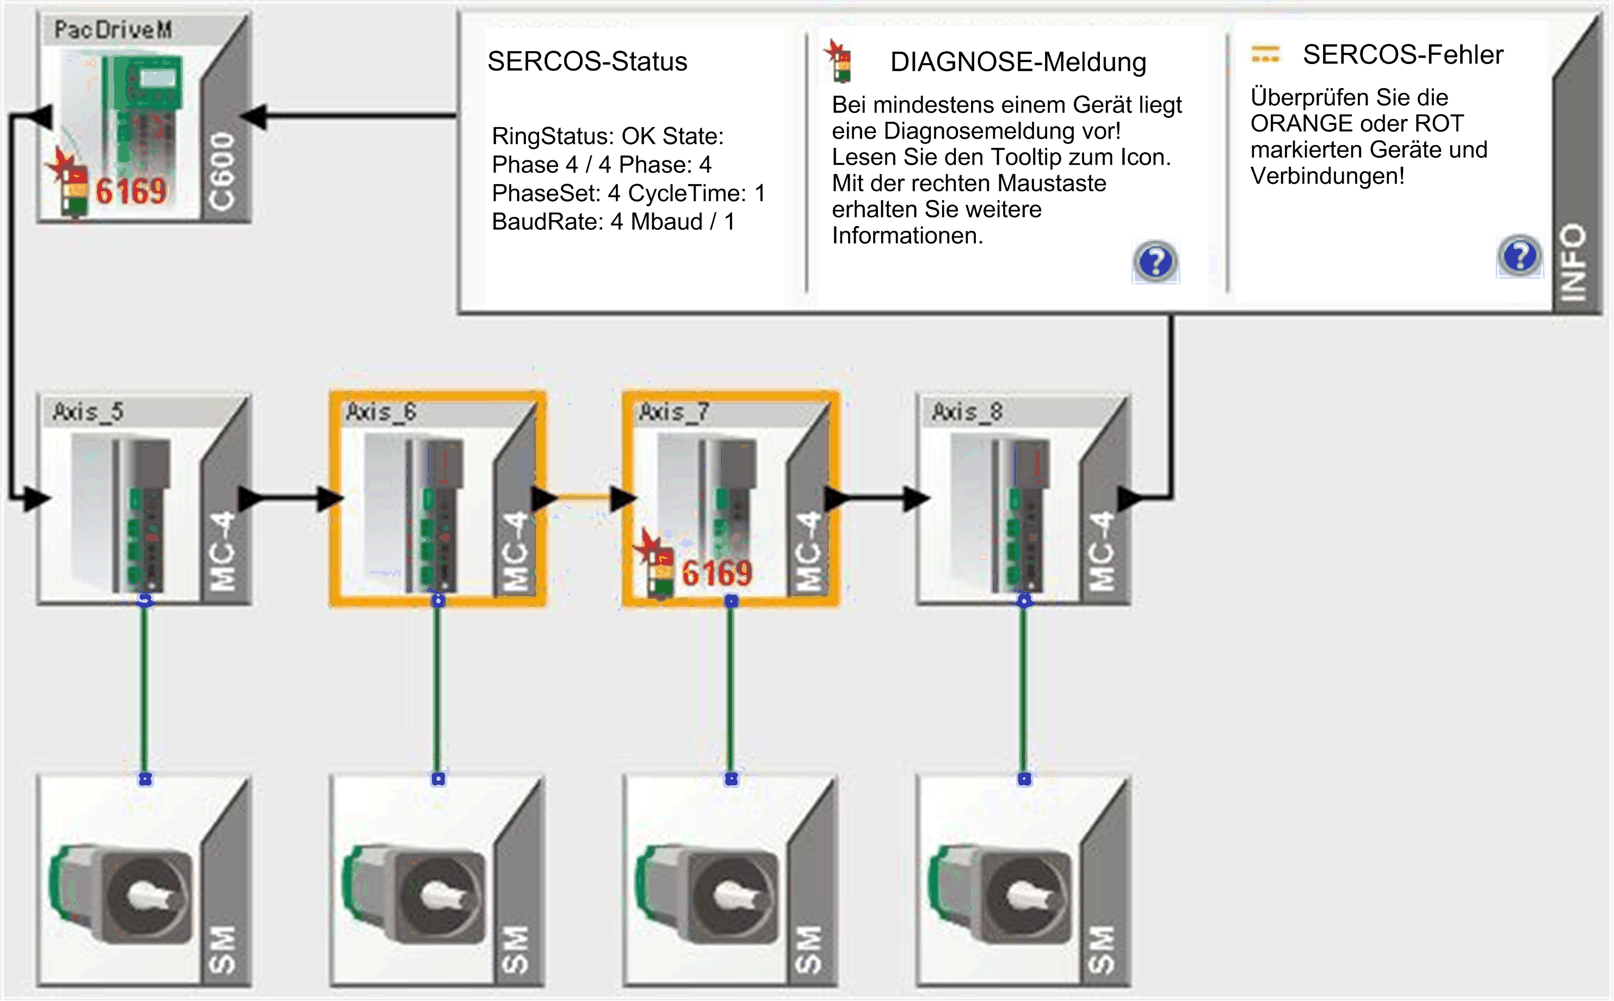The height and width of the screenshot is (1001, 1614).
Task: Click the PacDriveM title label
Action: (x=113, y=30)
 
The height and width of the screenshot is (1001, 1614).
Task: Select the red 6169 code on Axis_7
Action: (x=717, y=573)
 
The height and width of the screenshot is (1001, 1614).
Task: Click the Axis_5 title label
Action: (x=88, y=412)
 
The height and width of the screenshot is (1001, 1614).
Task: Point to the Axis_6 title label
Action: (x=381, y=412)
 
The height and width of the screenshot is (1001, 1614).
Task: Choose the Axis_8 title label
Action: (x=967, y=412)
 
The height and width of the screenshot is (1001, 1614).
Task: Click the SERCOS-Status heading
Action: (x=587, y=61)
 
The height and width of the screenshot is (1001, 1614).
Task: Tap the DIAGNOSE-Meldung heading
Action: (x=1018, y=62)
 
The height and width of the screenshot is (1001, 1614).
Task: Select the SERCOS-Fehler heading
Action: (x=1402, y=55)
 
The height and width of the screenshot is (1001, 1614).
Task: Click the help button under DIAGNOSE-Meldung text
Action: (x=1155, y=261)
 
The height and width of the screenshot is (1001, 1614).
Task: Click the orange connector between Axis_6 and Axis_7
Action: (x=584, y=497)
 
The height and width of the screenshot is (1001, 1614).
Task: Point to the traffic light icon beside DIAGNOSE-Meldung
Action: (x=839, y=61)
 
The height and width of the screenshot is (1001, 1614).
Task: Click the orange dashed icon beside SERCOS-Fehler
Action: (x=1265, y=54)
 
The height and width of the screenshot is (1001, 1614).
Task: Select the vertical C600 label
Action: (x=222, y=171)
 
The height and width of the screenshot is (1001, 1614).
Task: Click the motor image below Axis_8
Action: (x=1000, y=894)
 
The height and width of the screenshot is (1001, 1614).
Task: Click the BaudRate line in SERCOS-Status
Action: (x=613, y=222)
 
